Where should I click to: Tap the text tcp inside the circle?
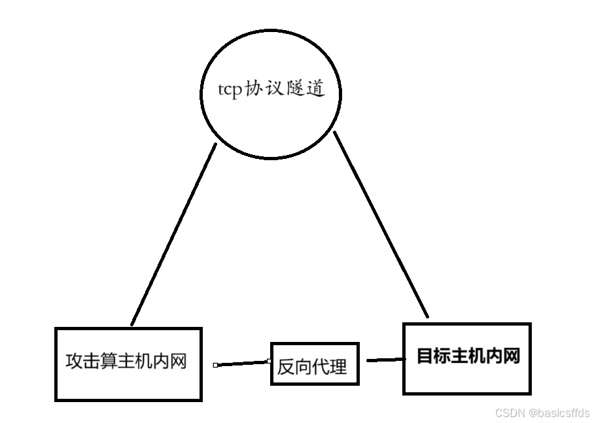(x=230, y=90)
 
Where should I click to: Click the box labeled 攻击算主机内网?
(x=128, y=386)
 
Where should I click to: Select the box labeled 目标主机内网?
(x=466, y=379)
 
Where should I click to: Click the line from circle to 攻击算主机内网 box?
(x=173, y=235)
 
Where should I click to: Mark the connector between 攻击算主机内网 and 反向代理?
(x=242, y=363)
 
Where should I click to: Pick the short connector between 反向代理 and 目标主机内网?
(x=385, y=360)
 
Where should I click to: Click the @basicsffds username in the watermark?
(x=559, y=413)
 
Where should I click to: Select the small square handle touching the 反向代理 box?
(x=268, y=360)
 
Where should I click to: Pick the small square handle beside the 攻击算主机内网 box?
(x=215, y=365)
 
